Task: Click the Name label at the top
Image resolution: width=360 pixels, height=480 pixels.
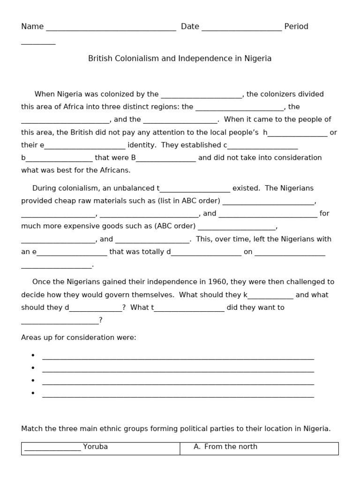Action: pyautogui.click(x=32, y=27)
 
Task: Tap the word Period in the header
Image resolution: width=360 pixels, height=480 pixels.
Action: pyautogui.click(x=296, y=27)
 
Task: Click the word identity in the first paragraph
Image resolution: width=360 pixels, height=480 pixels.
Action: pyautogui.click(x=141, y=145)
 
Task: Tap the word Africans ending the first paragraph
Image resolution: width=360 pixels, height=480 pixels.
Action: pyautogui.click(x=115, y=171)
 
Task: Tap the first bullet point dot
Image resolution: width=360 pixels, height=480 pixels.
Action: pyautogui.click(x=33, y=355)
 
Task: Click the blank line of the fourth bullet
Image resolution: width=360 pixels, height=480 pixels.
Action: pyautogui.click(x=178, y=395)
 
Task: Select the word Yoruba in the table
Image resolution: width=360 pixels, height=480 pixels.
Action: pyautogui.click(x=95, y=447)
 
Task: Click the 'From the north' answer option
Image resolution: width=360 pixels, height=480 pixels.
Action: pyautogui.click(x=231, y=447)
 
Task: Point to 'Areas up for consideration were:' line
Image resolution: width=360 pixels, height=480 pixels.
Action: pyautogui.click(x=79, y=338)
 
